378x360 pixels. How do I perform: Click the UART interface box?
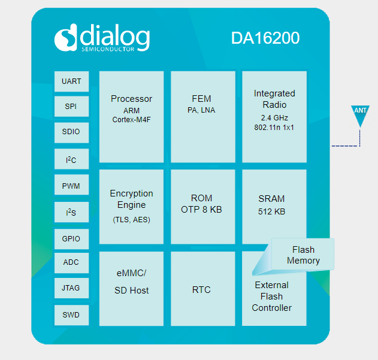(x=71, y=81)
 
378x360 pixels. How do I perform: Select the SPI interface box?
(x=71, y=107)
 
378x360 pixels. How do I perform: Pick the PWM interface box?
(x=71, y=186)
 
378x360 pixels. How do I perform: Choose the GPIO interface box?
(x=71, y=238)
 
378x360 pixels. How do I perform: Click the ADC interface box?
(x=71, y=262)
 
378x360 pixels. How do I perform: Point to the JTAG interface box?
(x=71, y=288)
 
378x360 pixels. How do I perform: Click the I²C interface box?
(x=71, y=159)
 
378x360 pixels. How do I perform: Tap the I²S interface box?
(x=71, y=212)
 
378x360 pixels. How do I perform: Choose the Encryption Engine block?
(x=131, y=207)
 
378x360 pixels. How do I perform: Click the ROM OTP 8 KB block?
(x=202, y=207)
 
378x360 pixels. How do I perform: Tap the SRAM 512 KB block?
(x=274, y=207)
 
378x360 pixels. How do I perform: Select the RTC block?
(x=202, y=289)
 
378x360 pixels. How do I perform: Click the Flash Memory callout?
(x=303, y=255)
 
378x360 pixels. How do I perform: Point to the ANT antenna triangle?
(x=360, y=114)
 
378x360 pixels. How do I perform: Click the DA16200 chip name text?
(x=265, y=38)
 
